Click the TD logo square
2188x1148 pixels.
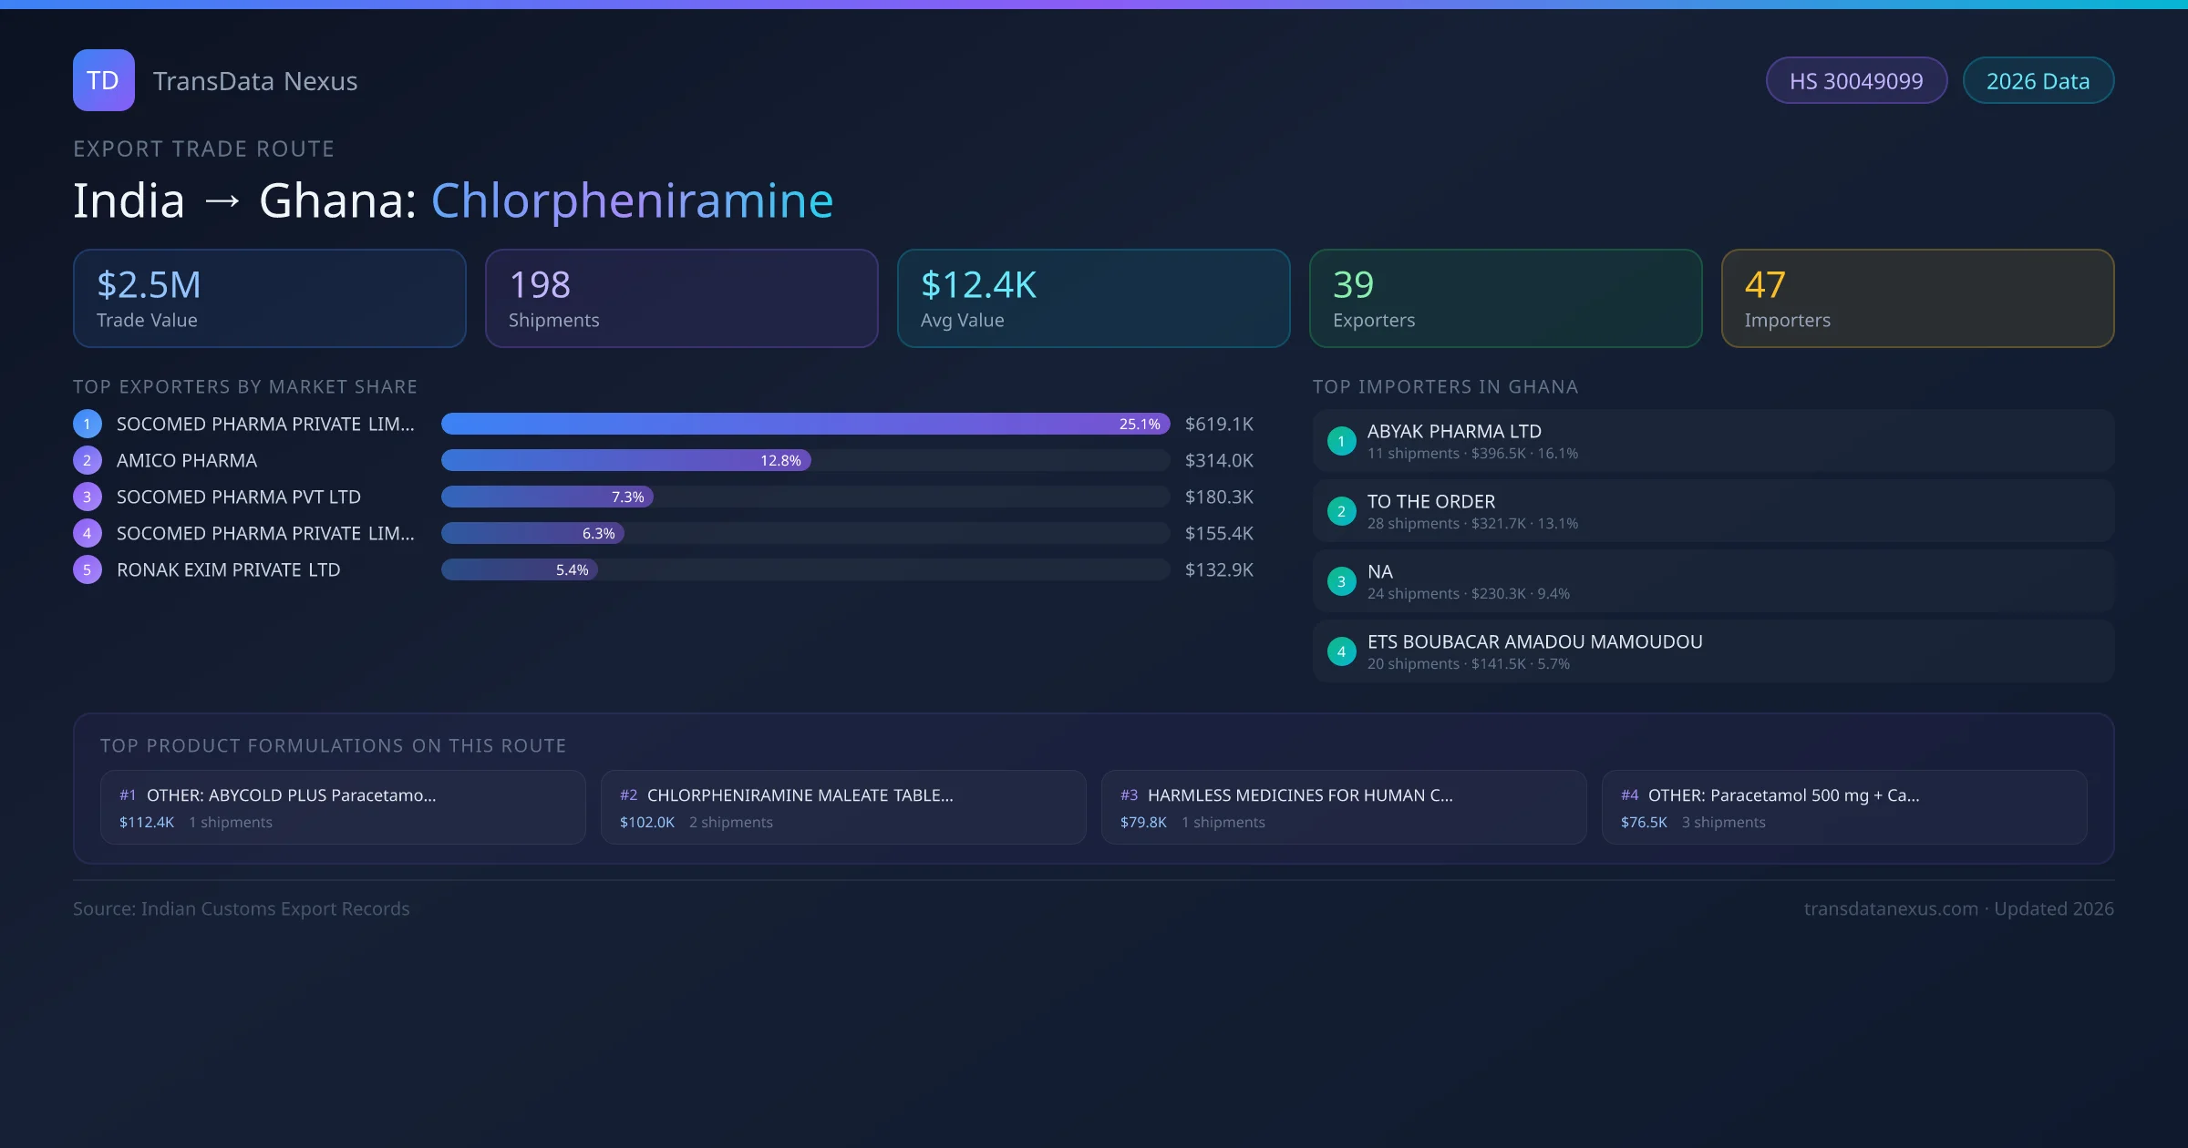point(103,80)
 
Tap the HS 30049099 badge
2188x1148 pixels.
point(1855,81)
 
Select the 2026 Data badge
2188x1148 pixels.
point(2038,81)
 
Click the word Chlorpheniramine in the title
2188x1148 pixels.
point(632,200)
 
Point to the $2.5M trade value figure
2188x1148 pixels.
point(149,285)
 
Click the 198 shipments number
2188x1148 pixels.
point(540,285)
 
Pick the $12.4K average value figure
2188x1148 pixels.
point(978,285)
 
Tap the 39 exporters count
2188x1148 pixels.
point(1353,285)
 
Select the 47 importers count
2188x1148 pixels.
point(1765,285)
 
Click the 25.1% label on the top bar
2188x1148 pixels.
point(1140,424)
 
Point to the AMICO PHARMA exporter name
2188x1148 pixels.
point(187,460)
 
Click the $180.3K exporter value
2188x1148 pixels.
point(1219,497)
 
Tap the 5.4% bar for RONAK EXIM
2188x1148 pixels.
point(520,569)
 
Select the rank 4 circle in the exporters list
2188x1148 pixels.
point(88,533)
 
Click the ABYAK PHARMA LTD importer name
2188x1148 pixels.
point(1454,431)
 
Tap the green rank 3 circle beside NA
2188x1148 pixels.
point(1341,581)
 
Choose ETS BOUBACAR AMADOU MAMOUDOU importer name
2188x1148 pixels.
point(1534,641)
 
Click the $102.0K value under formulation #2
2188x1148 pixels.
point(647,822)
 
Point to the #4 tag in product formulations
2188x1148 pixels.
point(1629,795)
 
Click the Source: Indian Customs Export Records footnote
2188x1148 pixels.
point(242,908)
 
